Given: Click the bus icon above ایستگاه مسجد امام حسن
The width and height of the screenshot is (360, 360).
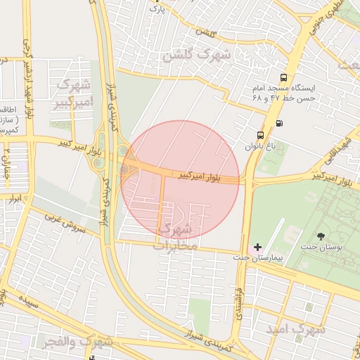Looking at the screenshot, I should (283, 78).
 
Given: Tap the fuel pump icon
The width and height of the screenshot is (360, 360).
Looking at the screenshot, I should (281, 124).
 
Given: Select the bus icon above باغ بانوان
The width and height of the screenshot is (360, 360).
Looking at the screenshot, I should (261, 135).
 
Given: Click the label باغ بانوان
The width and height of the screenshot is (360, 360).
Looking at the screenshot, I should (257, 147).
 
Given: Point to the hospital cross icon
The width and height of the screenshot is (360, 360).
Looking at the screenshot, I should (257, 247).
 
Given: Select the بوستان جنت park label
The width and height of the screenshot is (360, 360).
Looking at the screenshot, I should (322, 248).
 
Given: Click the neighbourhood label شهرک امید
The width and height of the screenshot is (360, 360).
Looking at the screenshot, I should (295, 328).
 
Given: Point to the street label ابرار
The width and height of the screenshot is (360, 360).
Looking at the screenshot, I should (14, 200).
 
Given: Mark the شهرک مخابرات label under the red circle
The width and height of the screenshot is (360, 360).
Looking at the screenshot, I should (176, 237).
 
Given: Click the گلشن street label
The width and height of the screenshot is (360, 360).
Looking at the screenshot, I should (204, 32).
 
